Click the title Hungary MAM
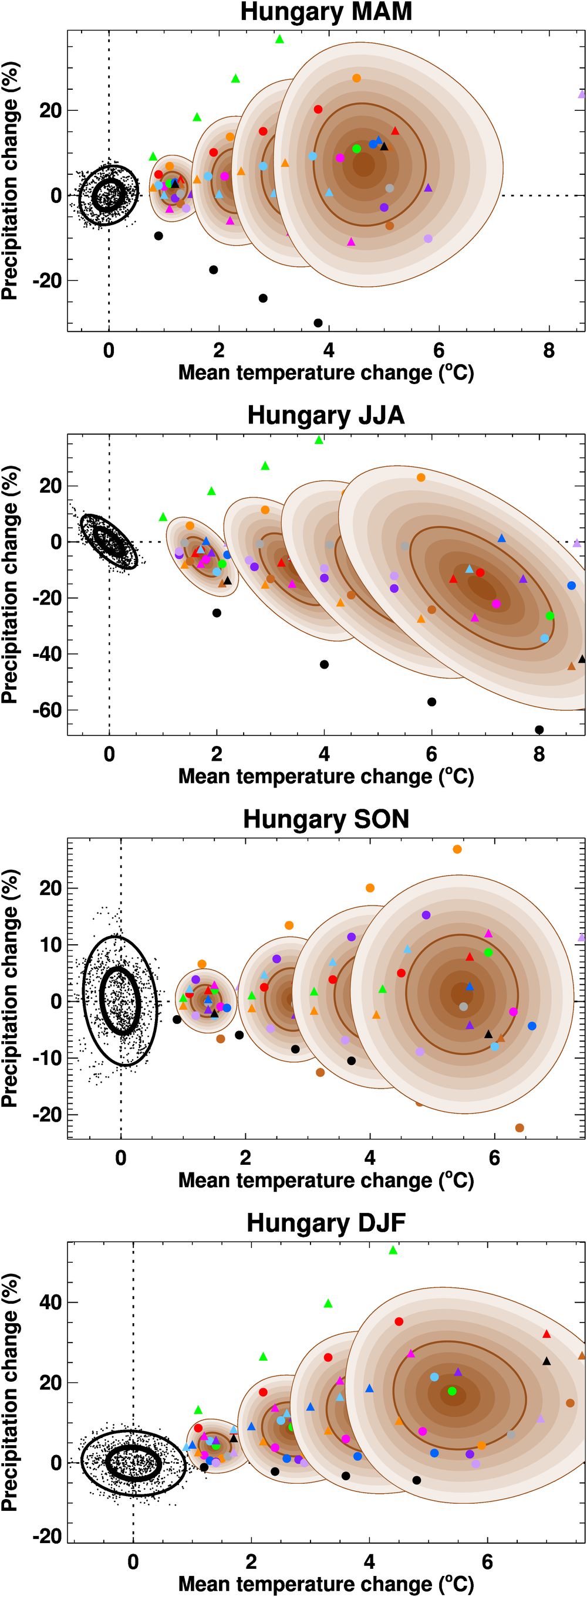pos(326,12)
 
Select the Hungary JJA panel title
pos(326,415)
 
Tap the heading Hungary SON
pos(326,819)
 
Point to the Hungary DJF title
pos(326,1223)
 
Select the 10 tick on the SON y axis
pos(50,945)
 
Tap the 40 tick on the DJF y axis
pos(50,1302)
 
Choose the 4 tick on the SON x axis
pos(370,1158)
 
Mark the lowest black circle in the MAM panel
pos(318,323)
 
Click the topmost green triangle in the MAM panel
pos(279,39)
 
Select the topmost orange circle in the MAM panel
pos(356,78)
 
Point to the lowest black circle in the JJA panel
pos(539,730)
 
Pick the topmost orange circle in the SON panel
pos(457,849)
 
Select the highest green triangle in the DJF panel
pos(393,1250)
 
